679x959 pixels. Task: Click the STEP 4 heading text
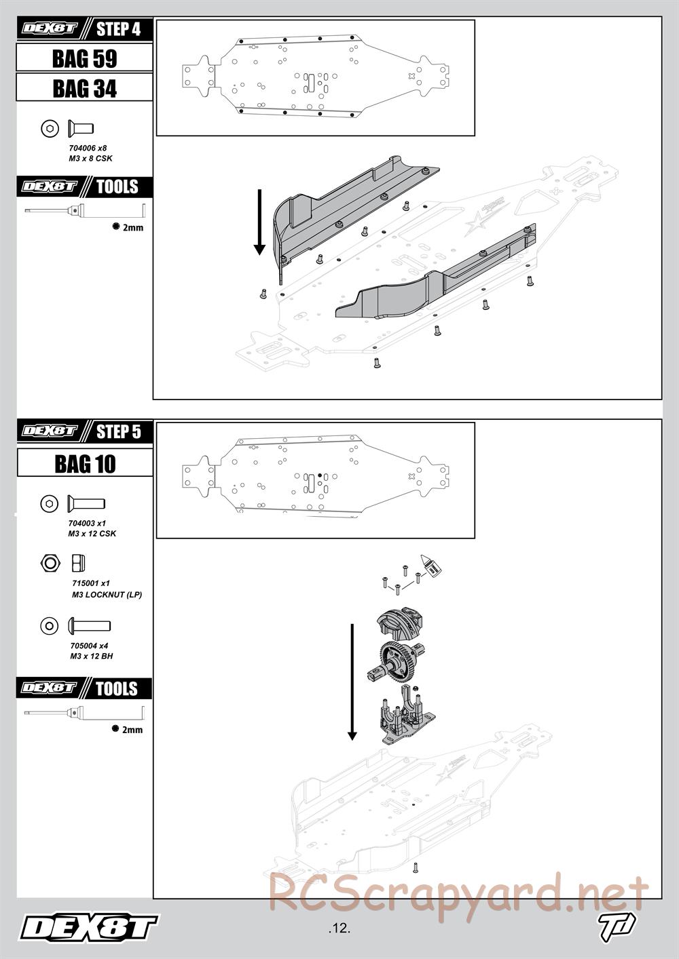click(118, 29)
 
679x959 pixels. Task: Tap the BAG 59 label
click(84, 58)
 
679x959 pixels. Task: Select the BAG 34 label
click(84, 89)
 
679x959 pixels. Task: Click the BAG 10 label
click(85, 464)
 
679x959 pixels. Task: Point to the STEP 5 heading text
click(118, 431)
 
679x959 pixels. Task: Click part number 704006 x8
click(88, 148)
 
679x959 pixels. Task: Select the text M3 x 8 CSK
click(90, 159)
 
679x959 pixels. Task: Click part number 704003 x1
click(87, 523)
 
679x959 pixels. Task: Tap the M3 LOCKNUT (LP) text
click(107, 595)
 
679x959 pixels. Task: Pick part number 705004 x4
click(89, 646)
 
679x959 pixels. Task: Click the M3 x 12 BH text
click(91, 656)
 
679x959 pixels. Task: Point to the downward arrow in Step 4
click(259, 222)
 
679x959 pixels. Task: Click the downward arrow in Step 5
click(352, 682)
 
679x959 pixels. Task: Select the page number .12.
click(339, 928)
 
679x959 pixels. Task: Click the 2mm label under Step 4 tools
click(133, 228)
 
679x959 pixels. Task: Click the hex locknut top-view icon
click(50, 562)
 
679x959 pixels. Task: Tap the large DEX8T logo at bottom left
click(89, 928)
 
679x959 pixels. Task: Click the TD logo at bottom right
click(617, 926)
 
